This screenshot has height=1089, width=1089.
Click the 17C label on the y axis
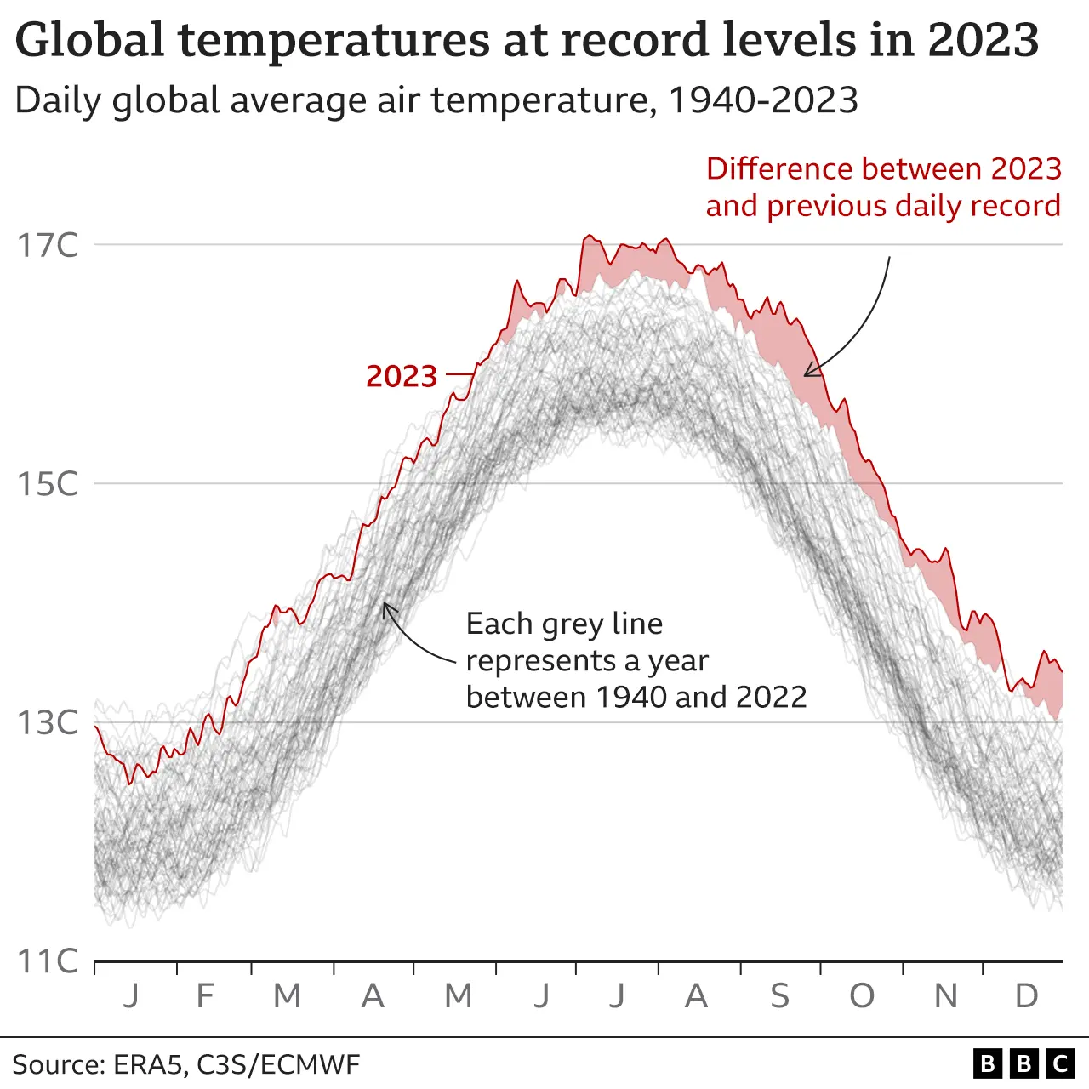[x=48, y=245]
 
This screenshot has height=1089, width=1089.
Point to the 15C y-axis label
[x=48, y=484]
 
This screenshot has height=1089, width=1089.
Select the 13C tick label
[x=48, y=722]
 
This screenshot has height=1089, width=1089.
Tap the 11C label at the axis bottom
[x=48, y=961]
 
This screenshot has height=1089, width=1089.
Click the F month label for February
[x=205, y=995]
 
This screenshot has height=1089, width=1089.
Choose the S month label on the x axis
[x=779, y=995]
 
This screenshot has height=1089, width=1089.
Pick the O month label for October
[x=862, y=995]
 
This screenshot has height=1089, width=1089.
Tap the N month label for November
[x=945, y=995]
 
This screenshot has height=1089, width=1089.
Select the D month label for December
[x=1027, y=995]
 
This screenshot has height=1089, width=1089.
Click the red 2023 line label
[x=402, y=376]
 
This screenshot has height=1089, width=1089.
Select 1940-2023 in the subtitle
[x=763, y=100]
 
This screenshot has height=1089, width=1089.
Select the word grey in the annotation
[x=571, y=624]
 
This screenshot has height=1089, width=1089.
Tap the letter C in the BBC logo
[x=1060, y=1063]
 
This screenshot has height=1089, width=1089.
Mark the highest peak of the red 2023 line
[x=587, y=237]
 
